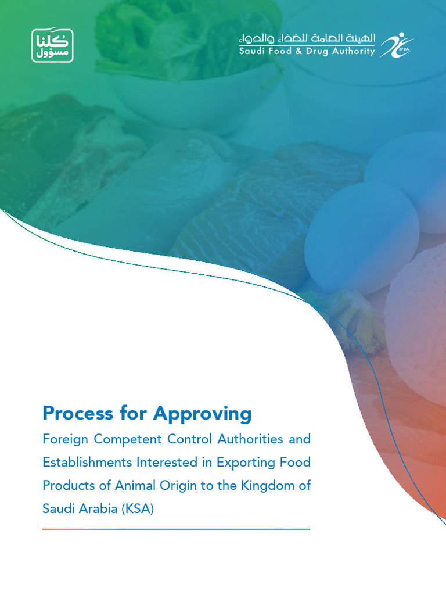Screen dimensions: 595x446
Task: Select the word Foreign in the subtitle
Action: [x=65, y=439]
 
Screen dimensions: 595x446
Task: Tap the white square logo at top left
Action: [x=52, y=46]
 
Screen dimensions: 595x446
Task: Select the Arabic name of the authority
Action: [x=307, y=38]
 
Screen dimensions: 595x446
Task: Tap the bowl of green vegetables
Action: [x=174, y=58]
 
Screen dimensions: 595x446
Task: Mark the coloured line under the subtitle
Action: [x=176, y=529]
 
